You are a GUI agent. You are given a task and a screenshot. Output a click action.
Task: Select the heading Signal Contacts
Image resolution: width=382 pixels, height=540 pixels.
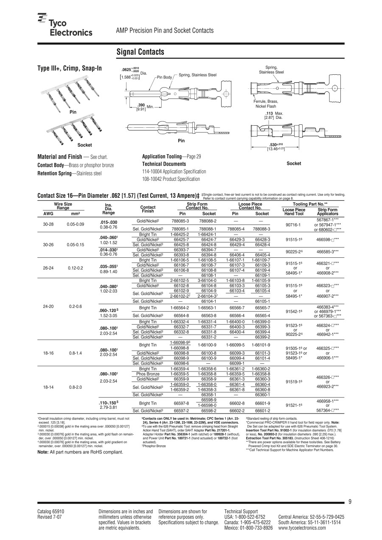click(140, 52)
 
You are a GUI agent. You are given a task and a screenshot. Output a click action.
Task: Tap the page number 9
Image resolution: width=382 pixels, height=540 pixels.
click(350, 502)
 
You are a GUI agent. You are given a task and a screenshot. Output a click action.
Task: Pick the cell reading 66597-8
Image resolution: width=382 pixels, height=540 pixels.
click(181, 403)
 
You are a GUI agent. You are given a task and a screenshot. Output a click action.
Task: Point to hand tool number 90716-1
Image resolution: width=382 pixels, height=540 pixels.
click(293, 225)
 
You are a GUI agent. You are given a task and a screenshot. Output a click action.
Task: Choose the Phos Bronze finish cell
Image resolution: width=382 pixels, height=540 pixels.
click(148, 374)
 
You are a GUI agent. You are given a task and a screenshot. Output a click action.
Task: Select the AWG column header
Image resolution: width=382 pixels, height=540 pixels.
click(49, 214)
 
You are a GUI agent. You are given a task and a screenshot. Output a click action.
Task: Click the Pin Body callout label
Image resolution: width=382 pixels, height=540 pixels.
click(164, 77)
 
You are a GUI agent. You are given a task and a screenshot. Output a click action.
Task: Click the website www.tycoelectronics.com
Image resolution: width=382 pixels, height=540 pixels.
click(302, 528)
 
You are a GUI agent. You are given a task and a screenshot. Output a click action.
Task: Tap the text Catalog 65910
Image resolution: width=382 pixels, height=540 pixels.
click(51, 512)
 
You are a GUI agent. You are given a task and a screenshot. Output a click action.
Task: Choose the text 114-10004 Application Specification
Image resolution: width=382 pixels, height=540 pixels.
click(174, 172)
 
